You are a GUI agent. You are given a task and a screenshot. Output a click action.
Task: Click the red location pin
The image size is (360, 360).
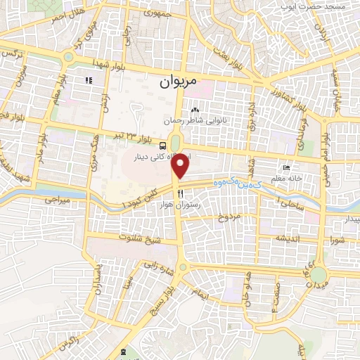tap(181, 166)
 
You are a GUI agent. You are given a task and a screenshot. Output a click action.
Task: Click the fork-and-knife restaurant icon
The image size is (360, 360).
tap(181, 193)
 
